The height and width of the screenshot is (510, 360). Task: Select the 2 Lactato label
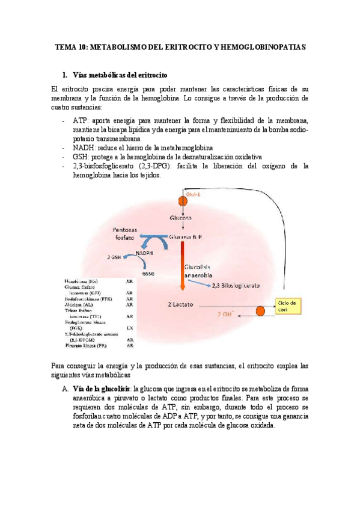coord(179,305)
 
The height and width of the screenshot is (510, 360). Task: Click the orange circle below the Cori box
coord(260,312)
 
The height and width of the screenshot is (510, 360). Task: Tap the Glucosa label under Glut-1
coord(180,218)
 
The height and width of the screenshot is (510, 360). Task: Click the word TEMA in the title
coord(66,46)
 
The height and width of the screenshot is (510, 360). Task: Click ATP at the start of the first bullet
coord(79,120)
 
